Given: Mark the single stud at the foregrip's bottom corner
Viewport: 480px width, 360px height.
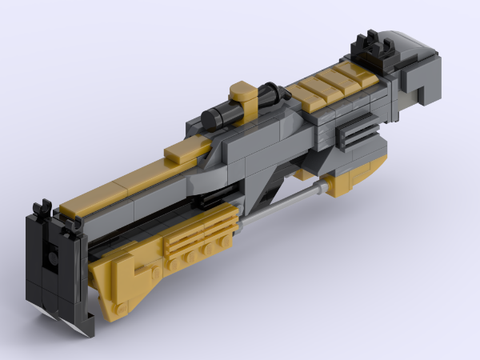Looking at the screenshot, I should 120,307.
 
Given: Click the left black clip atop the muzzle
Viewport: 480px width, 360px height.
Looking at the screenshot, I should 42,210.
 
